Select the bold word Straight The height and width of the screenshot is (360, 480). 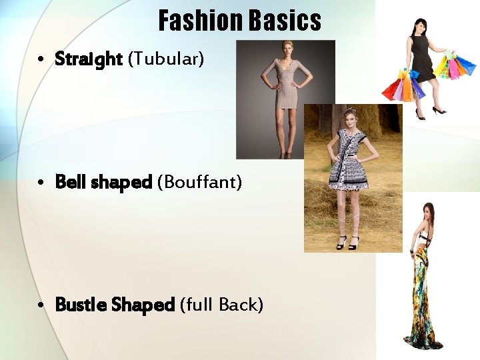(x=89, y=59)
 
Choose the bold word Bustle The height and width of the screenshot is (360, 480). (x=81, y=305)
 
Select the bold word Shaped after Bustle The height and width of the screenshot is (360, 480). (x=143, y=305)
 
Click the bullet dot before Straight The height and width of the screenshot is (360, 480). (x=41, y=60)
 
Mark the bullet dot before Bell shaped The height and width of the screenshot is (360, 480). (x=41, y=182)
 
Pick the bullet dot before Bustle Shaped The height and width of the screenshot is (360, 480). (x=41, y=305)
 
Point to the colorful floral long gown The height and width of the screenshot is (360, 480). (x=425, y=293)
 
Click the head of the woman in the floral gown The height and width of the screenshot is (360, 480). (x=427, y=213)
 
